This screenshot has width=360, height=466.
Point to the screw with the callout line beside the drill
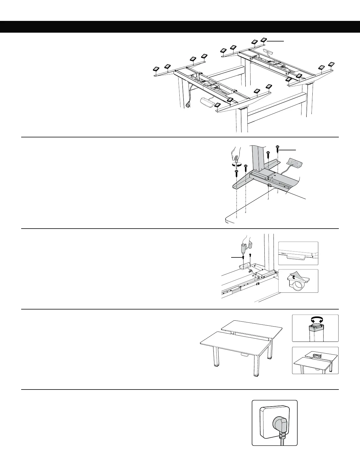click(x=243, y=257)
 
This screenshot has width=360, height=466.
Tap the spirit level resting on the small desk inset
click(x=316, y=356)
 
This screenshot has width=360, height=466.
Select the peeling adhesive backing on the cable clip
click(x=294, y=275)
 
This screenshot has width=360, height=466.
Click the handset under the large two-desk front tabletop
click(x=244, y=355)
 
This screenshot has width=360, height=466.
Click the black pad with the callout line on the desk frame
click(x=264, y=40)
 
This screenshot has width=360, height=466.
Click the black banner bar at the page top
click(x=180, y=26)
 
